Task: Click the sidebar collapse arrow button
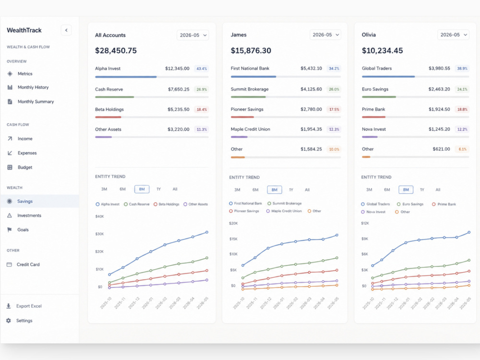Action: [66, 30]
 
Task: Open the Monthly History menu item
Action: [33, 87]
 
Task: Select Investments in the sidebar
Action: [29, 216]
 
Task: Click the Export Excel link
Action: [29, 306]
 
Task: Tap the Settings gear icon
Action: [9, 321]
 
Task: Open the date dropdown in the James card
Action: [325, 35]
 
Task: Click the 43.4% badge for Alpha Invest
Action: [202, 69]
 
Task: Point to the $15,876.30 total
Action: [251, 50]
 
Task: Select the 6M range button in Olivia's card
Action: [387, 190]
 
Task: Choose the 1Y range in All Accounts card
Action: [158, 189]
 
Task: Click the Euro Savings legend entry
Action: [410, 204]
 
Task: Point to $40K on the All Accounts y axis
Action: [100, 216]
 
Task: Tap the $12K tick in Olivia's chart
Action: [365, 223]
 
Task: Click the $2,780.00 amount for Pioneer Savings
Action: [311, 109]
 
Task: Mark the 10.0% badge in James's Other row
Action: [334, 149]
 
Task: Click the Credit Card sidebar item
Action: [28, 264]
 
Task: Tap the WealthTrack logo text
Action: [24, 30]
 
